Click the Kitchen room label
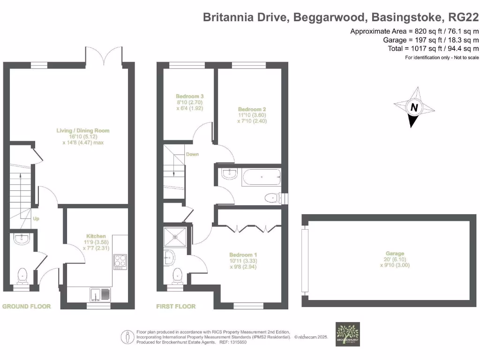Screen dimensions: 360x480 coord(96,236)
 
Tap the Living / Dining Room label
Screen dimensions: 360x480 coord(82,131)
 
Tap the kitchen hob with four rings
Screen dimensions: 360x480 coord(120,261)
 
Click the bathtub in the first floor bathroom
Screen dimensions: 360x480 coord(261,178)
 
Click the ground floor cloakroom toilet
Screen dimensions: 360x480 coord(22,276)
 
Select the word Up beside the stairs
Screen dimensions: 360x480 coord(36,218)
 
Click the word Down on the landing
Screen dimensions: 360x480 coord(192,154)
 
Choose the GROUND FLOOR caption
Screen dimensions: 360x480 coord(27,306)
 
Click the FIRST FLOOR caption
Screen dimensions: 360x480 coord(176,306)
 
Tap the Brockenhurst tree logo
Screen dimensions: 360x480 coord(348,334)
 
